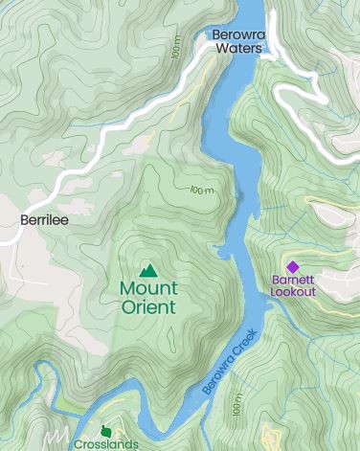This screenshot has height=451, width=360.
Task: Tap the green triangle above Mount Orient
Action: coord(147,271)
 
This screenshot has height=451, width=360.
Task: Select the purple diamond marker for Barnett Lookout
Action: coord(293,267)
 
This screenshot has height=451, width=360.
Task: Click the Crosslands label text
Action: coord(106,443)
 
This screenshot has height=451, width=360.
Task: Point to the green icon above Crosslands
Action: coord(106,430)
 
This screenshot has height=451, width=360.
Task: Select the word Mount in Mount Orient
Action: coord(147,288)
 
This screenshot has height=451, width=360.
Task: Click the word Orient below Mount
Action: coord(148,307)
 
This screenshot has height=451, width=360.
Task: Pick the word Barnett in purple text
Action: coord(293,281)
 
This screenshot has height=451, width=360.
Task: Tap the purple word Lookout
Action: coord(293,291)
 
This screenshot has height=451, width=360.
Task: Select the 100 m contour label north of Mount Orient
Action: coord(201,190)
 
